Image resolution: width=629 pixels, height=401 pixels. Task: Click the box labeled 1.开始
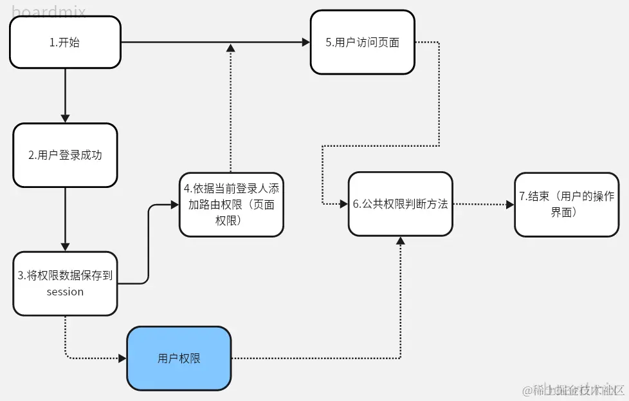65,42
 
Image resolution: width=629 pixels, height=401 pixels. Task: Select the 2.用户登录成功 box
65,155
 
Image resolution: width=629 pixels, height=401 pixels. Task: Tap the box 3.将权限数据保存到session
65,283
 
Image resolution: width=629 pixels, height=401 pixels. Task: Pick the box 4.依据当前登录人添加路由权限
231,204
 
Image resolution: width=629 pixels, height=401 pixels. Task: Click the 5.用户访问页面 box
362,42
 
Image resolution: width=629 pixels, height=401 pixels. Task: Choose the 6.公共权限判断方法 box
400,204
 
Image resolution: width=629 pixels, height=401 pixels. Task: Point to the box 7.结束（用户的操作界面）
567,204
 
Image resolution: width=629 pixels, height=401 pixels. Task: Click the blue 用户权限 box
179,359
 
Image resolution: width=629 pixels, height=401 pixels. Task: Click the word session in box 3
65,292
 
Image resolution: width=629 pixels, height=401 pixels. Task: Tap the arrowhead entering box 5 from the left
306,42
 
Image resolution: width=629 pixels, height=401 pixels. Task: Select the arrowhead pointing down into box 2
65,118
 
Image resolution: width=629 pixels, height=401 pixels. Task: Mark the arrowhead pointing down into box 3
65,247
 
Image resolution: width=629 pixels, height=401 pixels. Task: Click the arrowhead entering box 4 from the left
175,205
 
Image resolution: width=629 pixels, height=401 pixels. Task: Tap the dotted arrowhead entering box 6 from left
344,204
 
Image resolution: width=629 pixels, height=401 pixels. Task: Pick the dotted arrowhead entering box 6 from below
400,241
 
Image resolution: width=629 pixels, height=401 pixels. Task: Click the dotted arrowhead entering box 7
510,205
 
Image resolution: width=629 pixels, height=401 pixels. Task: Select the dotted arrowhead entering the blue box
122,359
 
